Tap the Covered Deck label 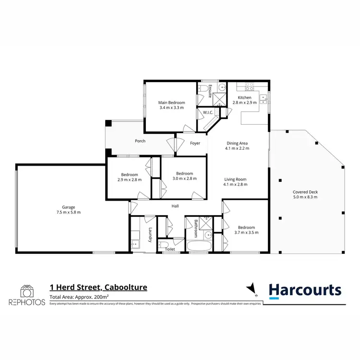pos(305,192)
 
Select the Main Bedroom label pos(171,102)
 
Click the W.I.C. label pos(208,113)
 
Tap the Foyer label pos(195,143)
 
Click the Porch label pos(140,141)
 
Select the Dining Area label pos(236,143)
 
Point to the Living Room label pos(235,179)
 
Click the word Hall pos(176,206)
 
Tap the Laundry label pos(150,234)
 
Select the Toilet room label pos(170,250)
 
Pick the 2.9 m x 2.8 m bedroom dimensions pos(130,180)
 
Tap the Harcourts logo pos(305,290)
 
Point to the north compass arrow pos(250,288)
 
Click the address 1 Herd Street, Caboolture pos(98,288)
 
